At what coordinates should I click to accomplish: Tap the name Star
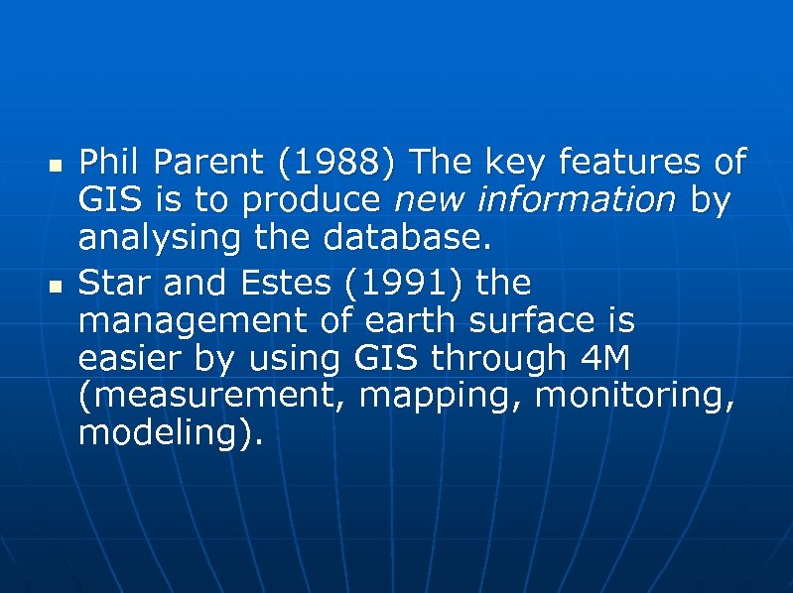(x=112, y=284)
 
